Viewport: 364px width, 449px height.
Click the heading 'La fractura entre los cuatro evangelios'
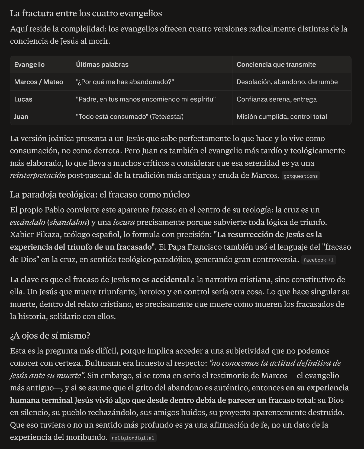click(x=86, y=13)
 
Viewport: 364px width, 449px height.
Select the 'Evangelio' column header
click(x=29, y=65)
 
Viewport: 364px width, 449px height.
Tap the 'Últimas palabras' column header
click(x=102, y=65)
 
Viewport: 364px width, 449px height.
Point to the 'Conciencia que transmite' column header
click(x=276, y=65)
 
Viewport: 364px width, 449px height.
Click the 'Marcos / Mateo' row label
click(x=38, y=82)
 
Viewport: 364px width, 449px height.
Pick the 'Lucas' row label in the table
click(x=23, y=99)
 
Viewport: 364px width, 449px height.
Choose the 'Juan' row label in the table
click(x=21, y=117)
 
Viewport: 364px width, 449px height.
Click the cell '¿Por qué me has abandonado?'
click(x=125, y=82)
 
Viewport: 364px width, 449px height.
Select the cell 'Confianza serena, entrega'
click(x=276, y=99)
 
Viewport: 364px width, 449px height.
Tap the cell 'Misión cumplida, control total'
click(x=282, y=117)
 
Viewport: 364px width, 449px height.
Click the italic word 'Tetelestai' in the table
click(x=167, y=117)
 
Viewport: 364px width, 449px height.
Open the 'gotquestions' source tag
click(x=301, y=176)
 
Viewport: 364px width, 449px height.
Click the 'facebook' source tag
click(x=315, y=260)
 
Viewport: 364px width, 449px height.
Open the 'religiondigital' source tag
click(x=133, y=438)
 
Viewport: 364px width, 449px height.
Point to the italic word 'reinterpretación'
click(x=38, y=176)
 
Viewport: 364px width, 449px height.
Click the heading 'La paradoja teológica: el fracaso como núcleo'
click(x=100, y=195)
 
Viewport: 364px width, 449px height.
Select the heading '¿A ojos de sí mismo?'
click(x=50, y=336)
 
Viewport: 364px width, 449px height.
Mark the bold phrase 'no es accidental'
click(x=160, y=279)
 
